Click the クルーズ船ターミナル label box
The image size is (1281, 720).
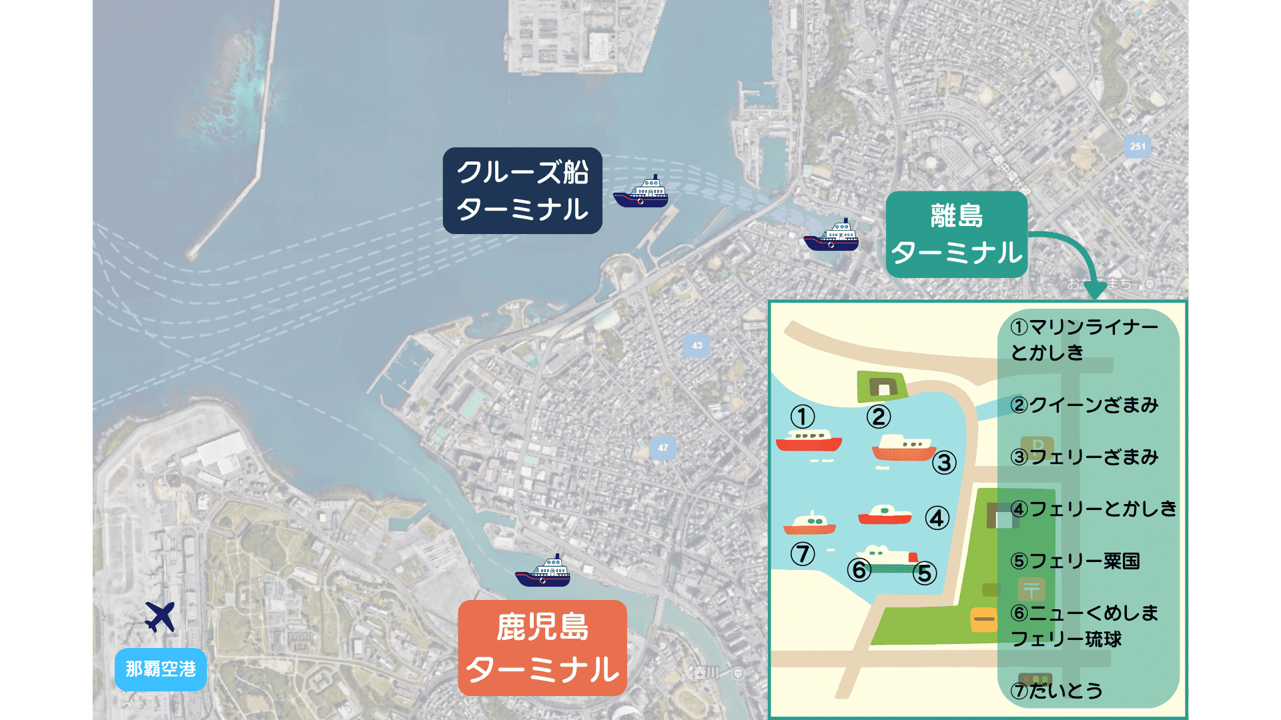point(522,191)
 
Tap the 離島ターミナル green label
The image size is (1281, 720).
point(956,235)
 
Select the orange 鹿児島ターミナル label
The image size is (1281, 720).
point(542,648)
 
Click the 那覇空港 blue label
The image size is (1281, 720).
point(161,669)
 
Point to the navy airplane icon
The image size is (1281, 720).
point(160,617)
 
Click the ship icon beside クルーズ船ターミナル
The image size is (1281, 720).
point(641,193)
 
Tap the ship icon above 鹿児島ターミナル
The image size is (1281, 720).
point(542,572)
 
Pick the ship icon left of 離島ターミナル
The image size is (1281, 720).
point(831,236)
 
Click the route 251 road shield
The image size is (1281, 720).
point(1138,146)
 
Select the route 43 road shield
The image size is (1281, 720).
point(697,345)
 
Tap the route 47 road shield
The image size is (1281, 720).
point(663,447)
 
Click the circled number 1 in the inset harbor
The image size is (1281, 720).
point(803,417)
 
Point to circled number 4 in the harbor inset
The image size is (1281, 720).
point(937,518)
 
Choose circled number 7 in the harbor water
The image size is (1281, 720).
point(803,553)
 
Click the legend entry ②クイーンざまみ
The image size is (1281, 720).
point(1084,405)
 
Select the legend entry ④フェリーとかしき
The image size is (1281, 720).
point(1094,509)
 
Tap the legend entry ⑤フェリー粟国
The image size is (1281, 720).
point(1075,561)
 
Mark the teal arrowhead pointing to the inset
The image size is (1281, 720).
point(1095,290)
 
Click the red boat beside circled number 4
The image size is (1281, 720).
point(885,515)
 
